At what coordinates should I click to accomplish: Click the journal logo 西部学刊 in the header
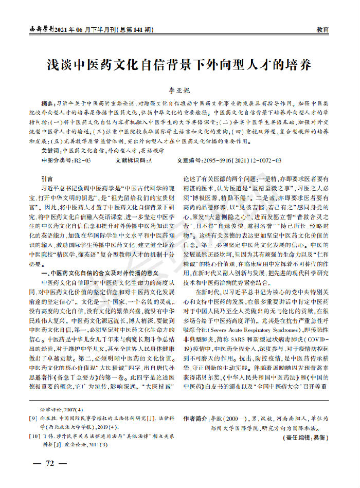41,29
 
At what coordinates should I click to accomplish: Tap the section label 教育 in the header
323,30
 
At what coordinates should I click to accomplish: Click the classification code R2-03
82,161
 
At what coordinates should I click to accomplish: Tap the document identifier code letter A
150,161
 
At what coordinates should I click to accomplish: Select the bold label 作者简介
197,419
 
